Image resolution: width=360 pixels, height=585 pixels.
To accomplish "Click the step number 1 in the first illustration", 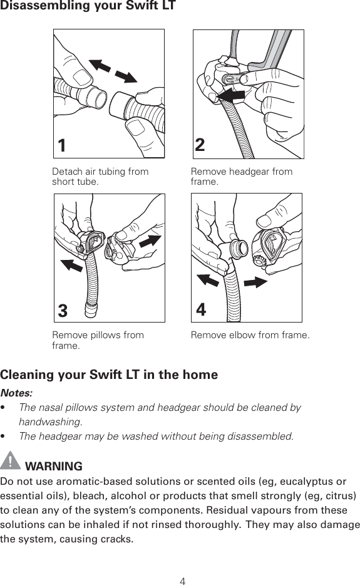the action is (62, 145).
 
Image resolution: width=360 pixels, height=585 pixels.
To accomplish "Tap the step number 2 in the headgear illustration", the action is (200, 145).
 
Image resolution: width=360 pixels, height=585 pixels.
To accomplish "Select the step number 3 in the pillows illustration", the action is (63, 311).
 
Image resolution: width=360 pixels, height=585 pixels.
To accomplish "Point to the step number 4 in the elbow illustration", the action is (201, 309).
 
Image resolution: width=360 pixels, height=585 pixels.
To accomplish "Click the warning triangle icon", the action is (10, 460).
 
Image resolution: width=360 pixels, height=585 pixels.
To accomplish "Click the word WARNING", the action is (54, 466).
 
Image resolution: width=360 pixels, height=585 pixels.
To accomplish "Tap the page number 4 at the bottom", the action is (182, 581).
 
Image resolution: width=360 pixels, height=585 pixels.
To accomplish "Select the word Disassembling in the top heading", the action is (40, 6).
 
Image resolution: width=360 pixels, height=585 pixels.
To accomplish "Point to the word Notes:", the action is (16, 393).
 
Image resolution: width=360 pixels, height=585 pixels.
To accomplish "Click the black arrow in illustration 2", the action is (230, 96).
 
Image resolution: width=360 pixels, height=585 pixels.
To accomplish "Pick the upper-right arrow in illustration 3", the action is (150, 241).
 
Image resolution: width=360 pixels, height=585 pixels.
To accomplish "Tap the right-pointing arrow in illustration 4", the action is (256, 282).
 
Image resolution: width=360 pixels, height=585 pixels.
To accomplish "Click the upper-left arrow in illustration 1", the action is (100, 66).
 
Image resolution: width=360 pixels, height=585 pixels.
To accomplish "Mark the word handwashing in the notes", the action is (50, 422).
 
